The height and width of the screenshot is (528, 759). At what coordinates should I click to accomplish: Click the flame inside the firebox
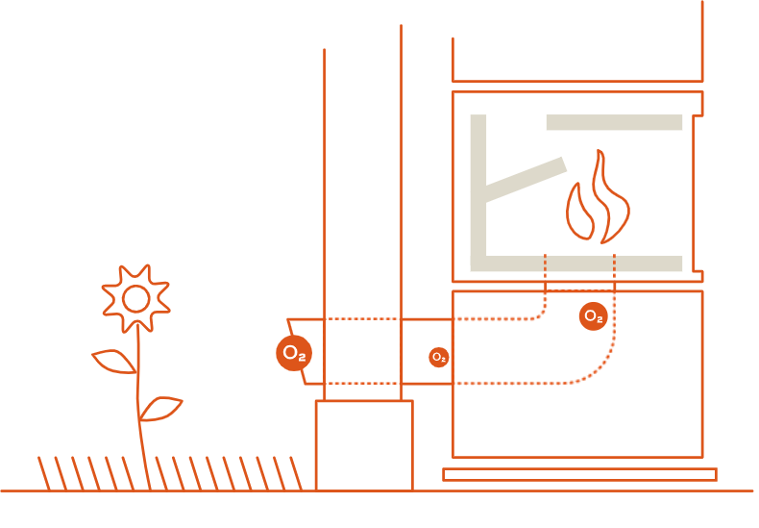(598, 202)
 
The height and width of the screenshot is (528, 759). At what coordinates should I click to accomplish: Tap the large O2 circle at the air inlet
(294, 353)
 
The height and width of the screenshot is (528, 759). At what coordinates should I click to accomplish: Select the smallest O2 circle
(438, 357)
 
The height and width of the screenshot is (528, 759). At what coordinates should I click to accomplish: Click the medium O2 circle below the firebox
(593, 315)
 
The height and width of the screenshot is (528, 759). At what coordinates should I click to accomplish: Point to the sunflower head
(135, 298)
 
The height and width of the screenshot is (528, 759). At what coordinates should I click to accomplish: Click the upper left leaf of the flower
(114, 362)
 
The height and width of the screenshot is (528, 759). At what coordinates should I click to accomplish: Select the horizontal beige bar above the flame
(614, 123)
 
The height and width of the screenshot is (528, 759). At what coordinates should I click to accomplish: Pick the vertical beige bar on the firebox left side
(477, 183)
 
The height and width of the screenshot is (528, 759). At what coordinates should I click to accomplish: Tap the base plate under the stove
(579, 474)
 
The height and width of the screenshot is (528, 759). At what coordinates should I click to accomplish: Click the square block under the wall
(364, 444)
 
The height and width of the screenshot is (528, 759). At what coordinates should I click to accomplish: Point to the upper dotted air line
(500, 318)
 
